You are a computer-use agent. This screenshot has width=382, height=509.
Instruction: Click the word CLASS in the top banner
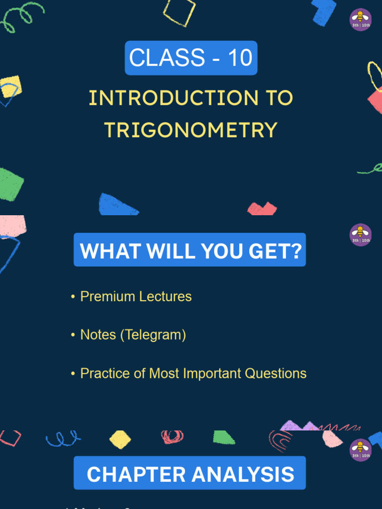167,58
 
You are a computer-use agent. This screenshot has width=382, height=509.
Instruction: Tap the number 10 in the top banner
240,58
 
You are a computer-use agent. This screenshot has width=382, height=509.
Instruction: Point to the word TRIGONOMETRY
191,130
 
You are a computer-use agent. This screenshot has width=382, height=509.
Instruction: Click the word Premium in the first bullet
107,297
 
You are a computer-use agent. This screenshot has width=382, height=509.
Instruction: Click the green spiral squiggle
22,15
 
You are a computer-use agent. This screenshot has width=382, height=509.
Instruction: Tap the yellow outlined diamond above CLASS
180,12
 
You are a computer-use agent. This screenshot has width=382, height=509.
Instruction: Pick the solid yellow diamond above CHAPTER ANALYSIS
120,439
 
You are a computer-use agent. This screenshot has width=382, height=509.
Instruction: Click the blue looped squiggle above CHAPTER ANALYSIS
63,438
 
